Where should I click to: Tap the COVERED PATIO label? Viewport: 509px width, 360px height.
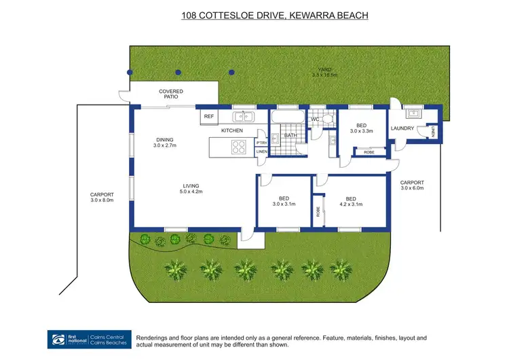171,94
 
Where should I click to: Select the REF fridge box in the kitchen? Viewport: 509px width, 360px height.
209,117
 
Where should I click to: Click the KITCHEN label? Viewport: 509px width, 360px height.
232,130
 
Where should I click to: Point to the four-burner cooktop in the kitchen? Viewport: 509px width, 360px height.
238,146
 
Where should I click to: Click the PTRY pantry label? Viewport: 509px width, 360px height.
261,143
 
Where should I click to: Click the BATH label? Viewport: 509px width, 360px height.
290,135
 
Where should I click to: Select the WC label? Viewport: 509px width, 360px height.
315,120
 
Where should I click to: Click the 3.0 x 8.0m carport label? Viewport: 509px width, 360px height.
101,200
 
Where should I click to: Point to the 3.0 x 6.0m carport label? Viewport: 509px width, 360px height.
412,188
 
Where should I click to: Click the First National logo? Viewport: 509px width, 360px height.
68,340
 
